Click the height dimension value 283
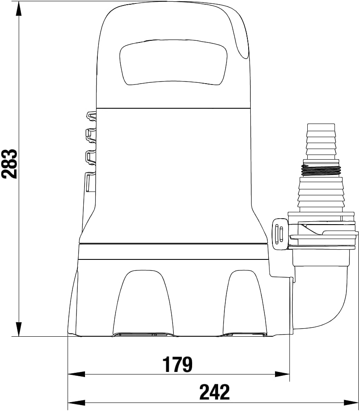click(x=9, y=164)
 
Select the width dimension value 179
click(x=177, y=364)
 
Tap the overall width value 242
click(x=214, y=392)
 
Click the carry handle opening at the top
click(x=173, y=62)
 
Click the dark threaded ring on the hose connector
click(x=321, y=170)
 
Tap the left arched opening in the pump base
click(x=143, y=303)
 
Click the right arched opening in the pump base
click(x=244, y=303)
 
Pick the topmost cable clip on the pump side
click(x=91, y=116)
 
